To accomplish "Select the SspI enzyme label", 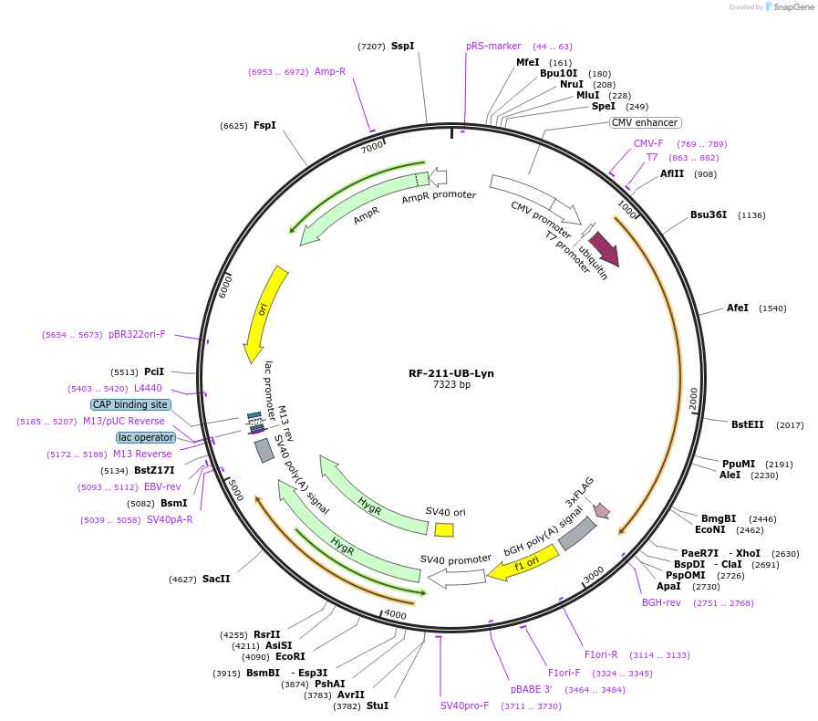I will (402, 46).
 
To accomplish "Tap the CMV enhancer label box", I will (645, 122).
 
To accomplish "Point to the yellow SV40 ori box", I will (444, 529).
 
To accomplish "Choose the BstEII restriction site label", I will (748, 424).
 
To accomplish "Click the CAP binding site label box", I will (129, 404).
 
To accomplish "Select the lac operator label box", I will (145, 437).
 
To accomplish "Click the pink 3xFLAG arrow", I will (602, 510).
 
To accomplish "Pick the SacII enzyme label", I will (216, 579).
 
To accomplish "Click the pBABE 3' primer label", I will (532, 689).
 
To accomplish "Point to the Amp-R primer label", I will (330, 71).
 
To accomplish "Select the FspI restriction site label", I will (264, 126).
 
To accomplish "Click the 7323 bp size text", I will (451, 385).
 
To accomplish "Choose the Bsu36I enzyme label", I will (709, 215).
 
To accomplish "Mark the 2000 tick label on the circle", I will (693, 399).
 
